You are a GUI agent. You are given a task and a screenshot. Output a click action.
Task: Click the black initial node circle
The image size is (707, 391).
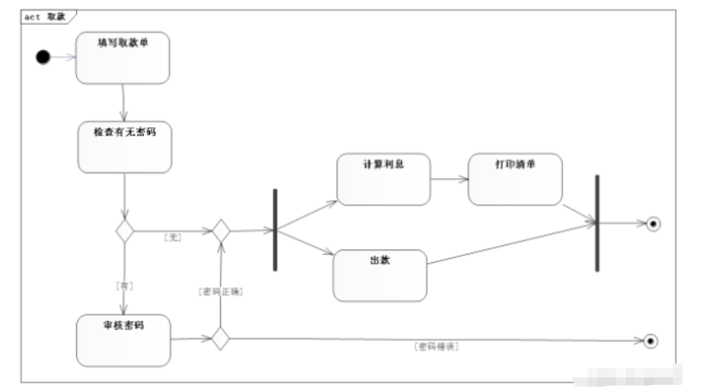[x=43, y=57]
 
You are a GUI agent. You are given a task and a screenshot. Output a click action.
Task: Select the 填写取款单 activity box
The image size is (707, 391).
[x=123, y=58]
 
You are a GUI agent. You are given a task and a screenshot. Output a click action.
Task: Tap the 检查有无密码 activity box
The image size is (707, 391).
[x=125, y=148]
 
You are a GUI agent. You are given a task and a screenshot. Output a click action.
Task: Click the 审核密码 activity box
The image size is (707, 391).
[x=123, y=340]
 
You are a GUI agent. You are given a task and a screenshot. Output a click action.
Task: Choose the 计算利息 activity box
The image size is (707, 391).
[x=383, y=179]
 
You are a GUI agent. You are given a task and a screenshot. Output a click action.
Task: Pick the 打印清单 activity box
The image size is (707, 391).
[x=515, y=179]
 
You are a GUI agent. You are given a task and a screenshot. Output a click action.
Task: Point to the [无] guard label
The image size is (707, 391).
[x=173, y=237]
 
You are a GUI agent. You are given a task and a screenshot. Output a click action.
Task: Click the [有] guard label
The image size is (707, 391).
[x=124, y=287]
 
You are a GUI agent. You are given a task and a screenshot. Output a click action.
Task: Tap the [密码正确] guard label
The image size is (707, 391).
[x=221, y=291]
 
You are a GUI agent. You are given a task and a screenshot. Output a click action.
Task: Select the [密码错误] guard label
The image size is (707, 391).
[x=436, y=347]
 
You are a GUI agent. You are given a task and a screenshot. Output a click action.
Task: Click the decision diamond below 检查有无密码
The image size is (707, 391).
[x=125, y=231]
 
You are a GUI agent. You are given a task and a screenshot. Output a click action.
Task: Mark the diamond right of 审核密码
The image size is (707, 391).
[x=221, y=339]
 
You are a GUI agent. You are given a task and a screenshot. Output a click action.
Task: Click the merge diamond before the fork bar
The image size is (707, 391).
[x=221, y=231]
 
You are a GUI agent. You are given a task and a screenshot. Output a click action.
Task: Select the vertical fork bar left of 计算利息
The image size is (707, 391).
[x=275, y=230]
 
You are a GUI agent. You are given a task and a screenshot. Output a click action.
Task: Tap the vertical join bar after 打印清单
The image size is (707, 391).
[x=597, y=223]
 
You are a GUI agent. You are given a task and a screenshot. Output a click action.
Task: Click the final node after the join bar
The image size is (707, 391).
[x=652, y=224]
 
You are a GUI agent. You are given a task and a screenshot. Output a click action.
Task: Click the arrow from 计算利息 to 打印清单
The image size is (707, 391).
[x=449, y=179]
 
